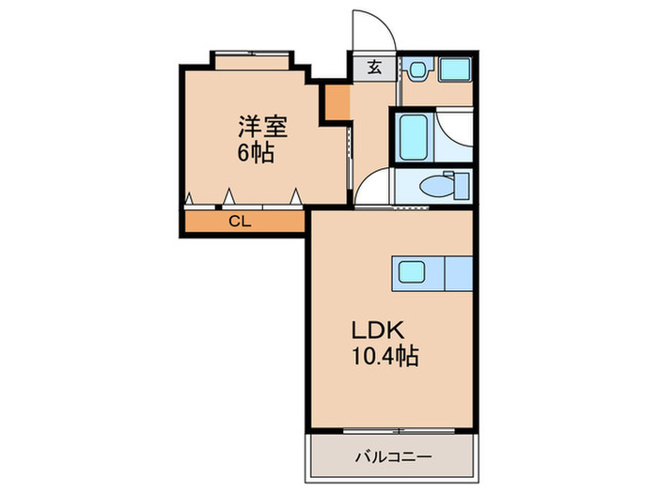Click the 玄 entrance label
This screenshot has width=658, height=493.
pos(375,67)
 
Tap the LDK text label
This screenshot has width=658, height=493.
pos(378,331)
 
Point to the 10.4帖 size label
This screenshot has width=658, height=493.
pos(384,357)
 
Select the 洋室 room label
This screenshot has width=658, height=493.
pos(263,126)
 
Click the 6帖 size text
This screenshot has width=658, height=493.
pos(257,153)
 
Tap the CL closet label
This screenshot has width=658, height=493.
pos(240,221)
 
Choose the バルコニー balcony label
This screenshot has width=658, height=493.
pos(394,456)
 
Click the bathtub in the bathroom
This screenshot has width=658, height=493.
pos(414,137)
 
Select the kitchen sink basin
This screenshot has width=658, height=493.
pos(412,272)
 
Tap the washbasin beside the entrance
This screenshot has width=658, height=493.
pos(416,69)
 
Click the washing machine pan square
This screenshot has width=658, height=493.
pos(455,69)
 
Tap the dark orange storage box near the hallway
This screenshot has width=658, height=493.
pos(337,102)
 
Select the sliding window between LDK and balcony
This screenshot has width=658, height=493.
pos(399,431)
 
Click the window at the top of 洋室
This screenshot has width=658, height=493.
pos(252,54)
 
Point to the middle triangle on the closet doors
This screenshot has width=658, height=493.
pos(228,196)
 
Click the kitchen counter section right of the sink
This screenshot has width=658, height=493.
pos(459,273)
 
